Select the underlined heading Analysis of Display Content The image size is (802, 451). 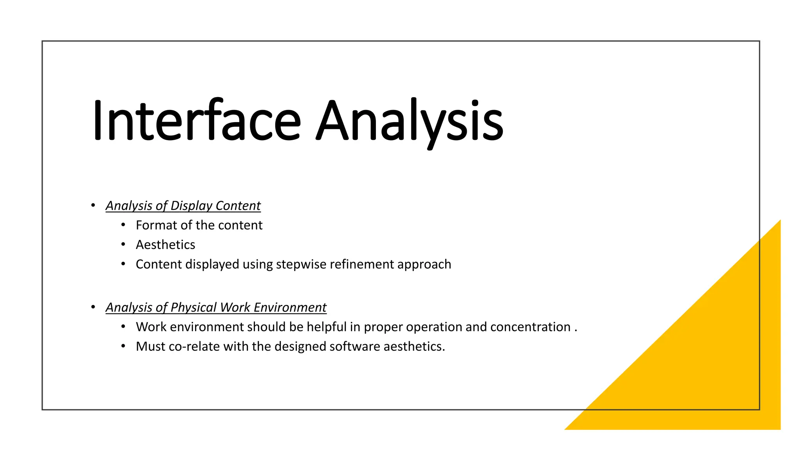183,206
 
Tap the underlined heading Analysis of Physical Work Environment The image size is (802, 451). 216,307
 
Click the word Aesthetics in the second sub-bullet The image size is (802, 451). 165,245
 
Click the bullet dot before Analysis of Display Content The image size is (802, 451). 93,205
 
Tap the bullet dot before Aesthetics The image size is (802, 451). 123,244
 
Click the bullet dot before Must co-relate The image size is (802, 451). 123,346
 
